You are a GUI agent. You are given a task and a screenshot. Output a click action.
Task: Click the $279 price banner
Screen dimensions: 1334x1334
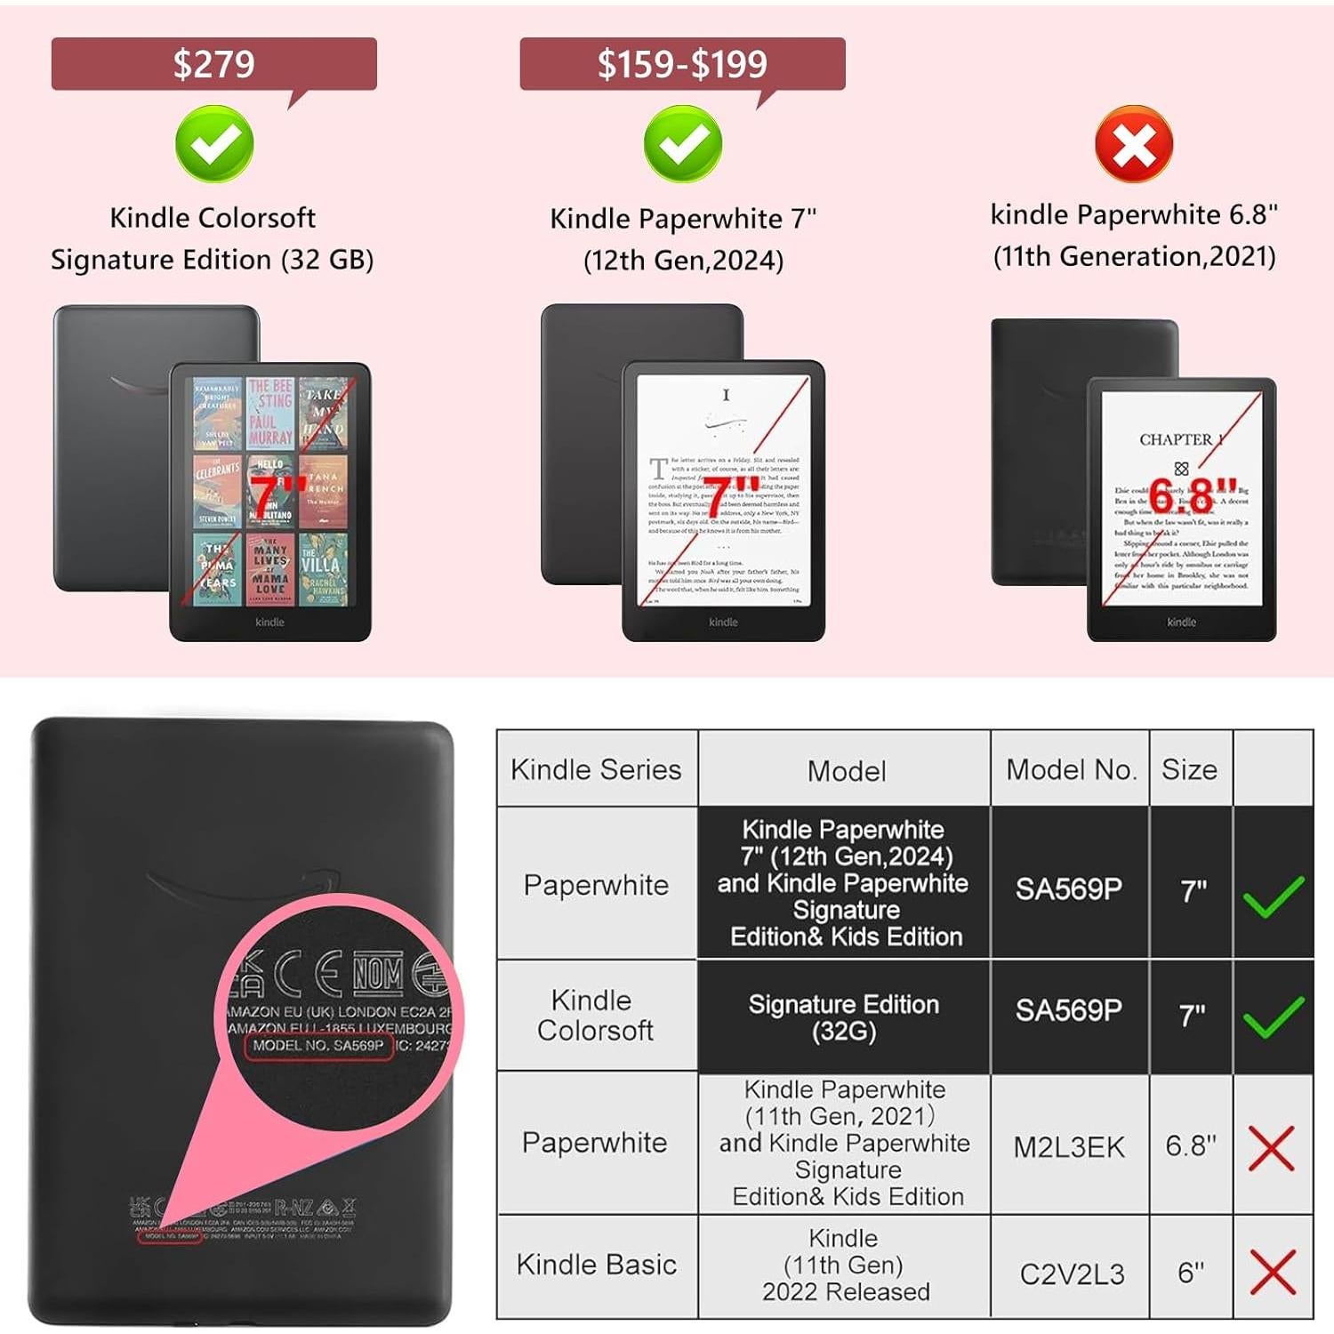click(x=213, y=64)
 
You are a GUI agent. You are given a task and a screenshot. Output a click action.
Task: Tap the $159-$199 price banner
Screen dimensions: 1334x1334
click(x=682, y=64)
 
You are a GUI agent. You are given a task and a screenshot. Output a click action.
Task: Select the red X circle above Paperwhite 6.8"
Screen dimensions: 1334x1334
click(x=1134, y=144)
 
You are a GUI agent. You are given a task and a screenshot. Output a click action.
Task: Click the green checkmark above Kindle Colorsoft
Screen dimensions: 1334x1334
click(x=214, y=144)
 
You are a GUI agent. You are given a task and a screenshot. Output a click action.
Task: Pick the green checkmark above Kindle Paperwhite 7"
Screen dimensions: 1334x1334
click(x=682, y=144)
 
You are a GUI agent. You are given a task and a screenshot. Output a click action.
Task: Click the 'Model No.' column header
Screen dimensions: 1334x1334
click(x=1071, y=769)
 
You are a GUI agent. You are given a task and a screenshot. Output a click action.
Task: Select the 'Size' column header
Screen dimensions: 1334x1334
click(x=1189, y=769)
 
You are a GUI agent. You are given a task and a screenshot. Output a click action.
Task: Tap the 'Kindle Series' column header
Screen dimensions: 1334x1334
click(x=596, y=769)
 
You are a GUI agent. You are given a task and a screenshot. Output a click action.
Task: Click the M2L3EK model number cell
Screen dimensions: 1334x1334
click(x=1069, y=1147)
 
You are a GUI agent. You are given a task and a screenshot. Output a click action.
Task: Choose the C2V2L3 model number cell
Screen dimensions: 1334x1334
click(x=1072, y=1274)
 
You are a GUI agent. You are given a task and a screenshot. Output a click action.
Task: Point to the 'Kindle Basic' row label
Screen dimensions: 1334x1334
click(x=596, y=1264)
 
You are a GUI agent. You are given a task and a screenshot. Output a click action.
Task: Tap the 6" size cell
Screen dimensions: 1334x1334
click(x=1191, y=1273)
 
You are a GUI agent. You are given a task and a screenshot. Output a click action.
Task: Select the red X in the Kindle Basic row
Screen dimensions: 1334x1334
click(x=1273, y=1272)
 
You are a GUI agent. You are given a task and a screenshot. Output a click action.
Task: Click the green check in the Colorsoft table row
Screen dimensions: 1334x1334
click(x=1274, y=1017)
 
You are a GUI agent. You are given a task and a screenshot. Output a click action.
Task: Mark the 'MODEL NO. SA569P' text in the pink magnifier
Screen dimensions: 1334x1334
click(x=317, y=1046)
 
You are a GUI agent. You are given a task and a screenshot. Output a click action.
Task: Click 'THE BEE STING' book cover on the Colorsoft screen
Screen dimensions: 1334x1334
click(x=270, y=413)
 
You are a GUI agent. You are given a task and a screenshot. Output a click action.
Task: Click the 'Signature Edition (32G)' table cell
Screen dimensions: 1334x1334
click(x=844, y=1017)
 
